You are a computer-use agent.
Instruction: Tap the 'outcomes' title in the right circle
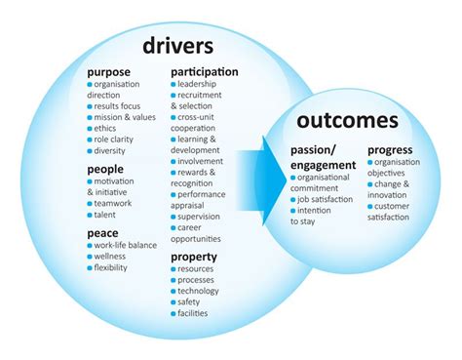tap(348, 121)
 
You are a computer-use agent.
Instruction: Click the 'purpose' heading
tap(110, 72)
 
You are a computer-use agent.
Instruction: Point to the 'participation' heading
tap(205, 72)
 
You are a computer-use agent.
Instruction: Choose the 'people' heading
tap(105, 168)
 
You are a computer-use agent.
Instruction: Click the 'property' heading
tap(194, 257)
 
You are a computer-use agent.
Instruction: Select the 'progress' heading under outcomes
tap(390, 150)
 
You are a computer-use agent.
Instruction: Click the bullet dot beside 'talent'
tap(90, 217)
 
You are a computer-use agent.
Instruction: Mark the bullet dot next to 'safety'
tap(173, 302)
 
